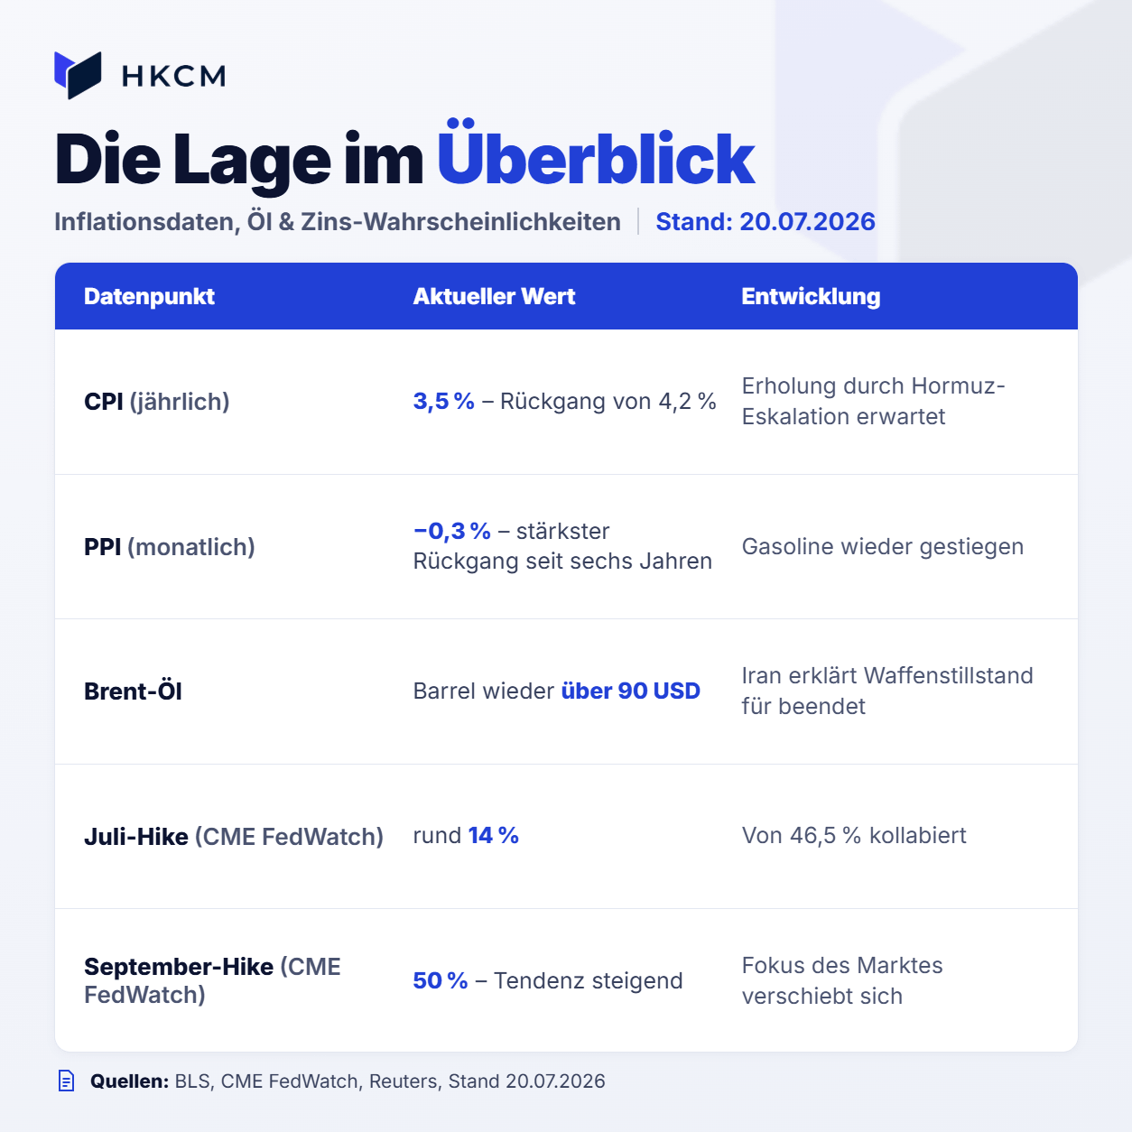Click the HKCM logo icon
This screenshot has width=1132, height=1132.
(78, 75)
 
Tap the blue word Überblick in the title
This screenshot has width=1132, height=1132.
(596, 153)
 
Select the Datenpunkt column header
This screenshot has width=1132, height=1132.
(149, 297)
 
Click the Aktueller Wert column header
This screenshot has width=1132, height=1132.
(494, 297)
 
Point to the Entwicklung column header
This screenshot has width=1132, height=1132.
(811, 297)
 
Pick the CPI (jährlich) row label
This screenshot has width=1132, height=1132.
(157, 402)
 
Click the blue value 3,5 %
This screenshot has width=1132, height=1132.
(443, 401)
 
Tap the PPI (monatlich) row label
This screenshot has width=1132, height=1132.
(170, 547)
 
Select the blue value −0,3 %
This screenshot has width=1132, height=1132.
(452, 531)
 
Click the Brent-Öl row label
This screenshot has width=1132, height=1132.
(133, 691)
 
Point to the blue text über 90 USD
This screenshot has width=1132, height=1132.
(631, 691)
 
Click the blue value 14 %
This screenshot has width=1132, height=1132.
(494, 835)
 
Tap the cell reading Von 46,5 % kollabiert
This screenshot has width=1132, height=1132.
(854, 835)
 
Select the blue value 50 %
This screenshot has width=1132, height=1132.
(441, 980)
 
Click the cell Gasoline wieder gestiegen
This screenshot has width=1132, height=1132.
(882, 546)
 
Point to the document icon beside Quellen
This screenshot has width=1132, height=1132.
(67, 1081)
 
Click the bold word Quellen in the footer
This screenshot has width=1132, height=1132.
(129, 1081)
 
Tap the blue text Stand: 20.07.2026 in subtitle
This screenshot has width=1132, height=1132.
(765, 221)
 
